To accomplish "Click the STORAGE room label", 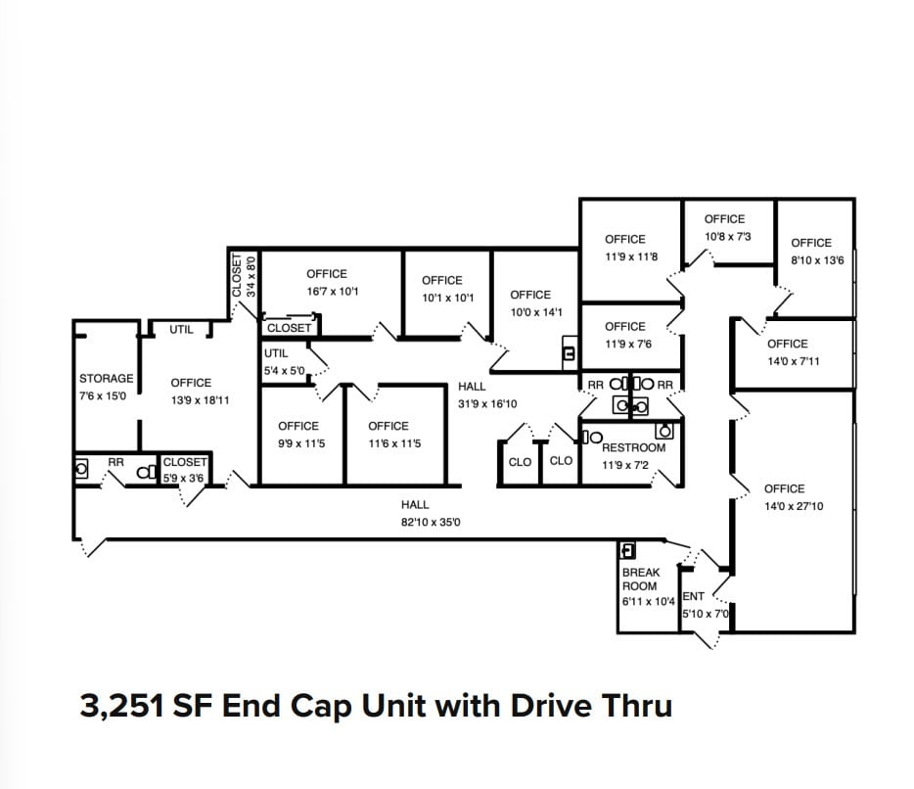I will [x=106, y=379].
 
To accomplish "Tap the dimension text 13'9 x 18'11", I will [x=200, y=401].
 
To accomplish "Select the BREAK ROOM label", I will [x=641, y=579].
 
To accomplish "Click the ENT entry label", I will [x=693, y=596].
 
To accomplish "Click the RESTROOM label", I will [x=633, y=447].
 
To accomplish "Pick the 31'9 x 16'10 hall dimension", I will [x=487, y=403].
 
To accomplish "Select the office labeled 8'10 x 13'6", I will [x=810, y=252].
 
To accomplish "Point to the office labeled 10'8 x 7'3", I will [x=724, y=228].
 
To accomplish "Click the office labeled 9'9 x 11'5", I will [x=297, y=435].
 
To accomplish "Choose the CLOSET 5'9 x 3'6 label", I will [x=184, y=469].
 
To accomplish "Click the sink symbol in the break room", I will [x=629, y=550].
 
